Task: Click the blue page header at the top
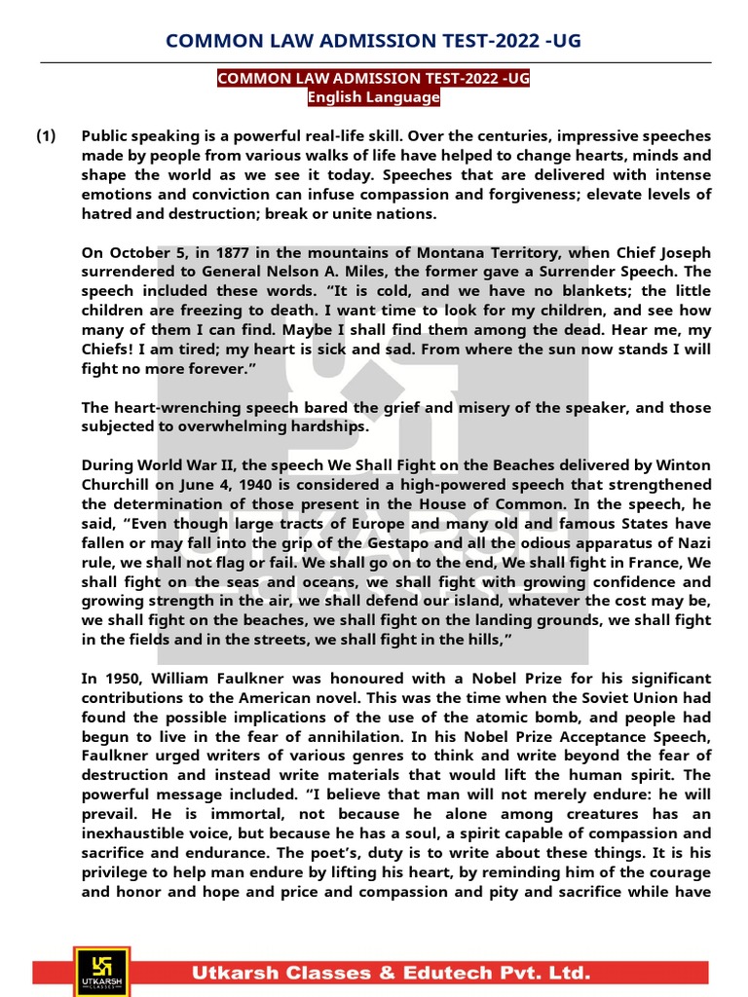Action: click(374, 40)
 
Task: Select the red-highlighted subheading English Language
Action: click(374, 97)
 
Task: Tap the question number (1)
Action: click(47, 136)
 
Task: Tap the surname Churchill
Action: click(120, 484)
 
